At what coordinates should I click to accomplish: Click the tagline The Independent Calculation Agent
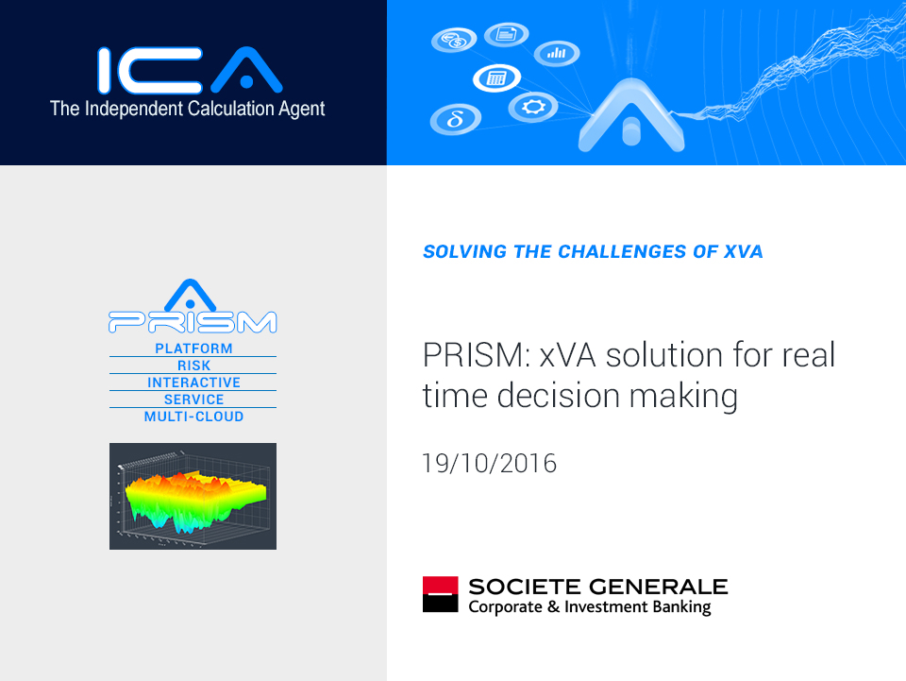(x=187, y=109)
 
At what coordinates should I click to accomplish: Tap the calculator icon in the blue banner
(x=497, y=77)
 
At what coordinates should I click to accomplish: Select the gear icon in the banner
(x=532, y=107)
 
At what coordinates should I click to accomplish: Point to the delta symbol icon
(x=456, y=119)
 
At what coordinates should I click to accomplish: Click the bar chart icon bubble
(x=557, y=53)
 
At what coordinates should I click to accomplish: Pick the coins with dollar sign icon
(x=454, y=41)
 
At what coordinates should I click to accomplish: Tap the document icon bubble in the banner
(x=506, y=34)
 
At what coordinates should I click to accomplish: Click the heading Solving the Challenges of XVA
(x=593, y=252)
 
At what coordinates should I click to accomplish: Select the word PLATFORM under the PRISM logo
(x=193, y=349)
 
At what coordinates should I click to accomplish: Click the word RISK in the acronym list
(x=193, y=366)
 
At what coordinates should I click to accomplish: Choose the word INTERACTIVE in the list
(x=193, y=383)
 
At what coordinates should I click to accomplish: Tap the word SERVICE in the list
(x=193, y=400)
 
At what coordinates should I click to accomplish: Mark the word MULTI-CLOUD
(x=193, y=417)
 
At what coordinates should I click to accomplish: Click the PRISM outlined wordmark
(x=193, y=322)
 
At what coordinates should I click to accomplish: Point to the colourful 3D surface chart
(x=193, y=496)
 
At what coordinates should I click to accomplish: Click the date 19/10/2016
(x=490, y=464)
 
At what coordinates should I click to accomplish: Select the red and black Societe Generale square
(x=441, y=594)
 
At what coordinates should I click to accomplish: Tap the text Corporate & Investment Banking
(x=589, y=607)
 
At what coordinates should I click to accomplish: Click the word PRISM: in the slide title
(x=477, y=355)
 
